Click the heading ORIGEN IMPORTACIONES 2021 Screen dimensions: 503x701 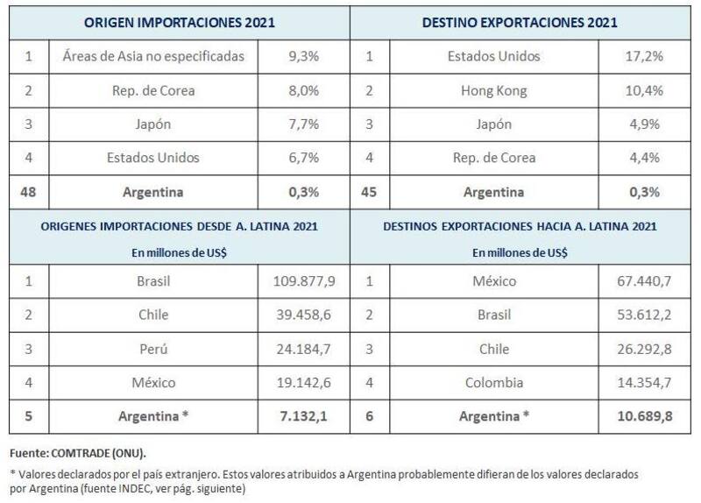tap(181, 23)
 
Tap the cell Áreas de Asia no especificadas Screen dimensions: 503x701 tap(153, 57)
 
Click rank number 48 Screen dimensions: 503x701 tap(28, 192)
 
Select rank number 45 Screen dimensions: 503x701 tap(369, 192)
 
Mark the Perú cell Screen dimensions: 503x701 tap(153, 349)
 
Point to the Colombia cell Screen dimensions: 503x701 tap(492, 382)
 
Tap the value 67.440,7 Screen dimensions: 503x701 tap(644, 282)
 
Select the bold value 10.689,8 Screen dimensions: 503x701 tap(644, 416)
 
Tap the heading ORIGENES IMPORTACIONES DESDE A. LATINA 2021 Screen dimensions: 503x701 tap(179, 226)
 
